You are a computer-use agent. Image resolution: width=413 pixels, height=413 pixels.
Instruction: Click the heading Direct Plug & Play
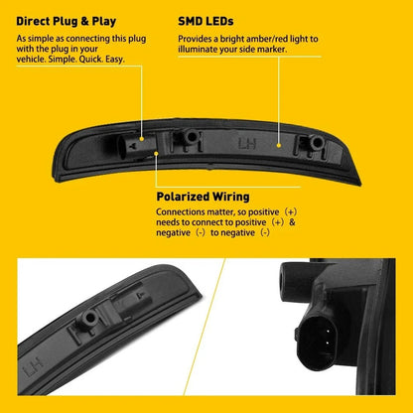67,22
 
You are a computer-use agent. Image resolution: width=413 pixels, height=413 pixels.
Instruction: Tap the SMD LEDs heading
206,22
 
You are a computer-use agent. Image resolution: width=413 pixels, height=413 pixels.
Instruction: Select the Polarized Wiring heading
203,197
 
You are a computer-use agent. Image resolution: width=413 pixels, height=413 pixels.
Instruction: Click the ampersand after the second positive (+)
292,222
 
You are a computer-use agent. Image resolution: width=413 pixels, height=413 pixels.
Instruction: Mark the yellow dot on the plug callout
142,139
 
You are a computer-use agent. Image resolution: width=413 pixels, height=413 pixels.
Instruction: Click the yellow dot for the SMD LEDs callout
279,145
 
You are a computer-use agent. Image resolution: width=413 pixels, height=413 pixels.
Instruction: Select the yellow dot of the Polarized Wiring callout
157,153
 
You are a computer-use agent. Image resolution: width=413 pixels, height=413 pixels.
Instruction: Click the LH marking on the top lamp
247,144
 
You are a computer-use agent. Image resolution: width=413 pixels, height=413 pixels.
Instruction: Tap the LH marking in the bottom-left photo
34,367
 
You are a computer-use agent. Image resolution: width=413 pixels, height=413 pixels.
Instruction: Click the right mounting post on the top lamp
316,142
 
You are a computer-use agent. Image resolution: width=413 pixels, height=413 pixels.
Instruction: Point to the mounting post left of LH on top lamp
191,136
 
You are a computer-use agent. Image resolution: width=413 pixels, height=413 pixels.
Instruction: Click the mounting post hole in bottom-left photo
89,318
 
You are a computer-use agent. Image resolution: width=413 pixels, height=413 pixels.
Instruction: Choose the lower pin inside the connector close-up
327,344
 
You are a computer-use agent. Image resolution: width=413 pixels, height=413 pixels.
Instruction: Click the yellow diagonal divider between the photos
205,327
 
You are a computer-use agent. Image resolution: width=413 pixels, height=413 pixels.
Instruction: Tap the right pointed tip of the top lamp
360,184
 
